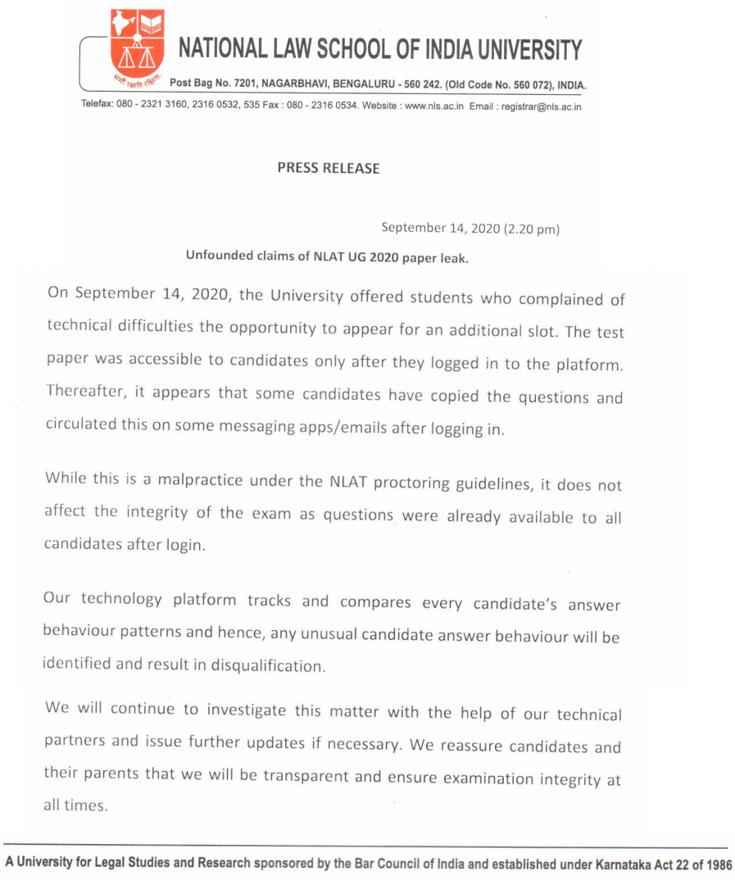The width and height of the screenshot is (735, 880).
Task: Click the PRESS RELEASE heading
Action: coord(328,168)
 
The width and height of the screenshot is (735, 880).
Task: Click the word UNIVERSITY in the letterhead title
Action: coord(517,49)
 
